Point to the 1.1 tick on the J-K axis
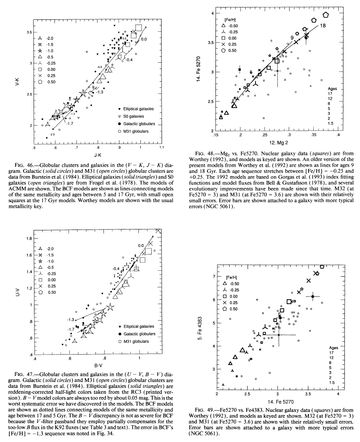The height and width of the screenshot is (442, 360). [162, 147]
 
